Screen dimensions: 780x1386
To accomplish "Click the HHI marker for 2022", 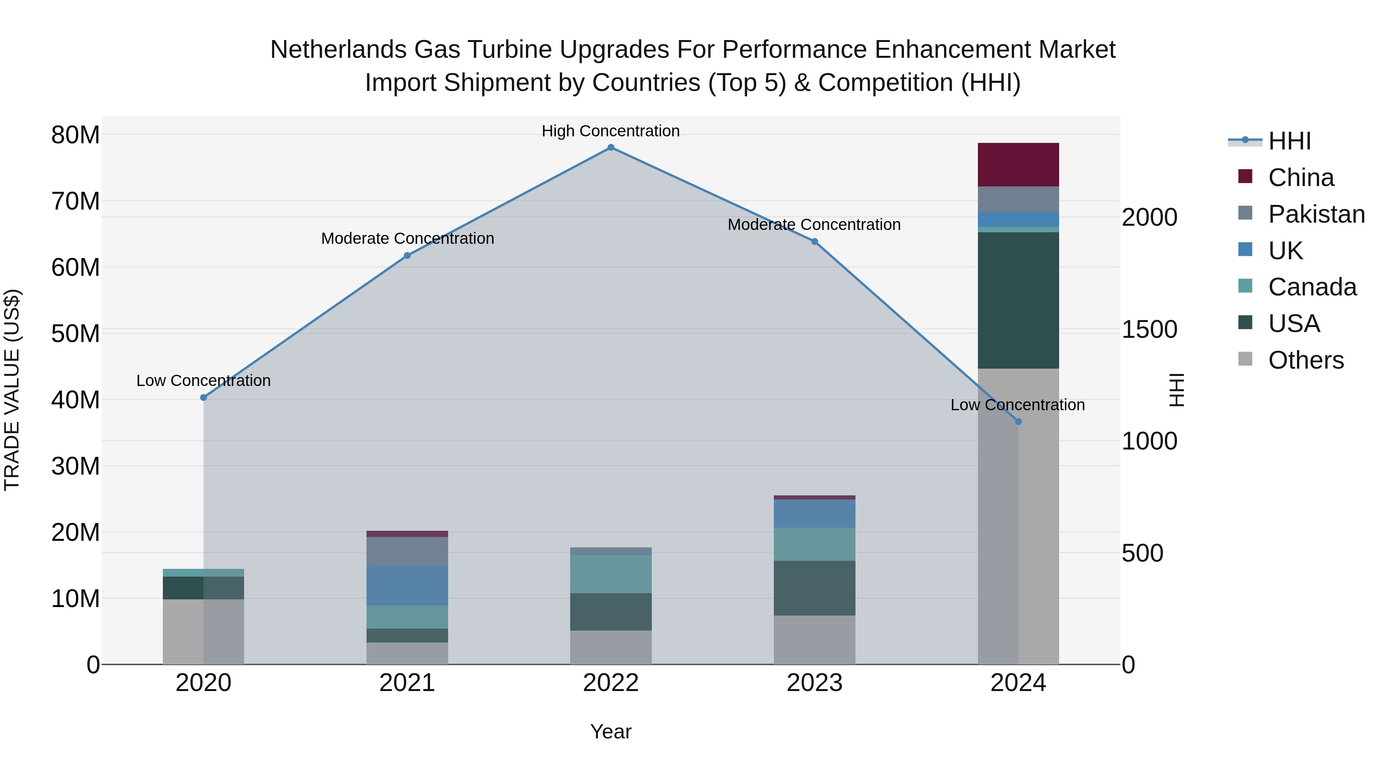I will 611,148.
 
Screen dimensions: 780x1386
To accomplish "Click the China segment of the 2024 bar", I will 1018,165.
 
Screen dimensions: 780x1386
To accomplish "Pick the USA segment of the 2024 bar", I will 1018,300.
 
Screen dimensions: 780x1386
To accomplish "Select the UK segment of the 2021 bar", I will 407,585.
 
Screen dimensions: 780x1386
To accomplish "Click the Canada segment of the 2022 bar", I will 611,574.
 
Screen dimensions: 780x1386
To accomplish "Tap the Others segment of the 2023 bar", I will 814,640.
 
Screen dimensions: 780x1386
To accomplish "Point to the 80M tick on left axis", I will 75,135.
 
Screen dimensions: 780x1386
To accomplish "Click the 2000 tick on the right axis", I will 1149,218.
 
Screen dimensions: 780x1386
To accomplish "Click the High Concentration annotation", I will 611,131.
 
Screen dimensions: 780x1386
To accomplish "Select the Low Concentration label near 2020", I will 203,381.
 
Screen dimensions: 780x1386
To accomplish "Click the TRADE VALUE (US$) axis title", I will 12,390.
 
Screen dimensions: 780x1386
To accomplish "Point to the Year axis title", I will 611,731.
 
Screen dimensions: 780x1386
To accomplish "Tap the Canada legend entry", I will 1312,287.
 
